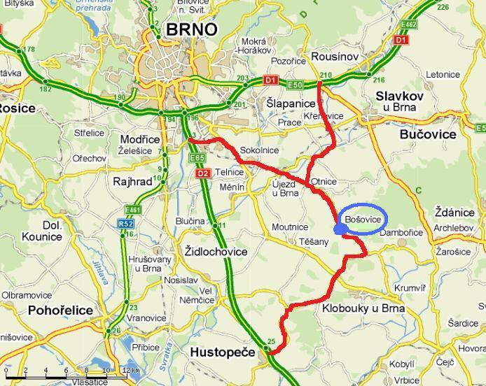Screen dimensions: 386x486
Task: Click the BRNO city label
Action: click(x=192, y=29)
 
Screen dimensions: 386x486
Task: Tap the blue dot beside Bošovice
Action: click(x=340, y=229)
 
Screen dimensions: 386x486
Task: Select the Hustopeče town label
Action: click(x=223, y=352)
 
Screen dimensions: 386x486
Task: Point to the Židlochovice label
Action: click(x=216, y=251)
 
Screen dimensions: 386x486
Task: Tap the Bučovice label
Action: click(x=426, y=134)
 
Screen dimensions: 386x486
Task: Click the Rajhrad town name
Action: click(x=132, y=181)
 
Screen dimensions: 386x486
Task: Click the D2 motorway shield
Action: click(x=203, y=173)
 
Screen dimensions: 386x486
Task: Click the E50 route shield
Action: click(x=294, y=85)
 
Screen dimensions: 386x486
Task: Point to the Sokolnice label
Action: click(x=259, y=150)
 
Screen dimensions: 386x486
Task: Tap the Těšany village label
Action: click(x=313, y=242)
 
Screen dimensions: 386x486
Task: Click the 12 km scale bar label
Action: click(x=129, y=370)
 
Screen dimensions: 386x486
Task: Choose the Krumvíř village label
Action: click(x=410, y=288)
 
